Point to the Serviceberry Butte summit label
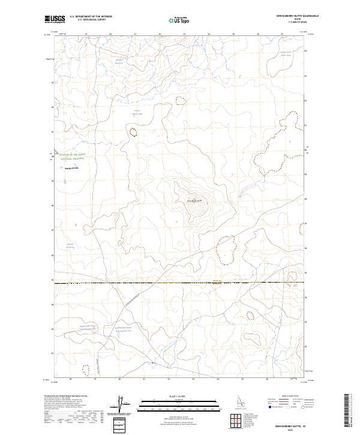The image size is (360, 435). [196, 200]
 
